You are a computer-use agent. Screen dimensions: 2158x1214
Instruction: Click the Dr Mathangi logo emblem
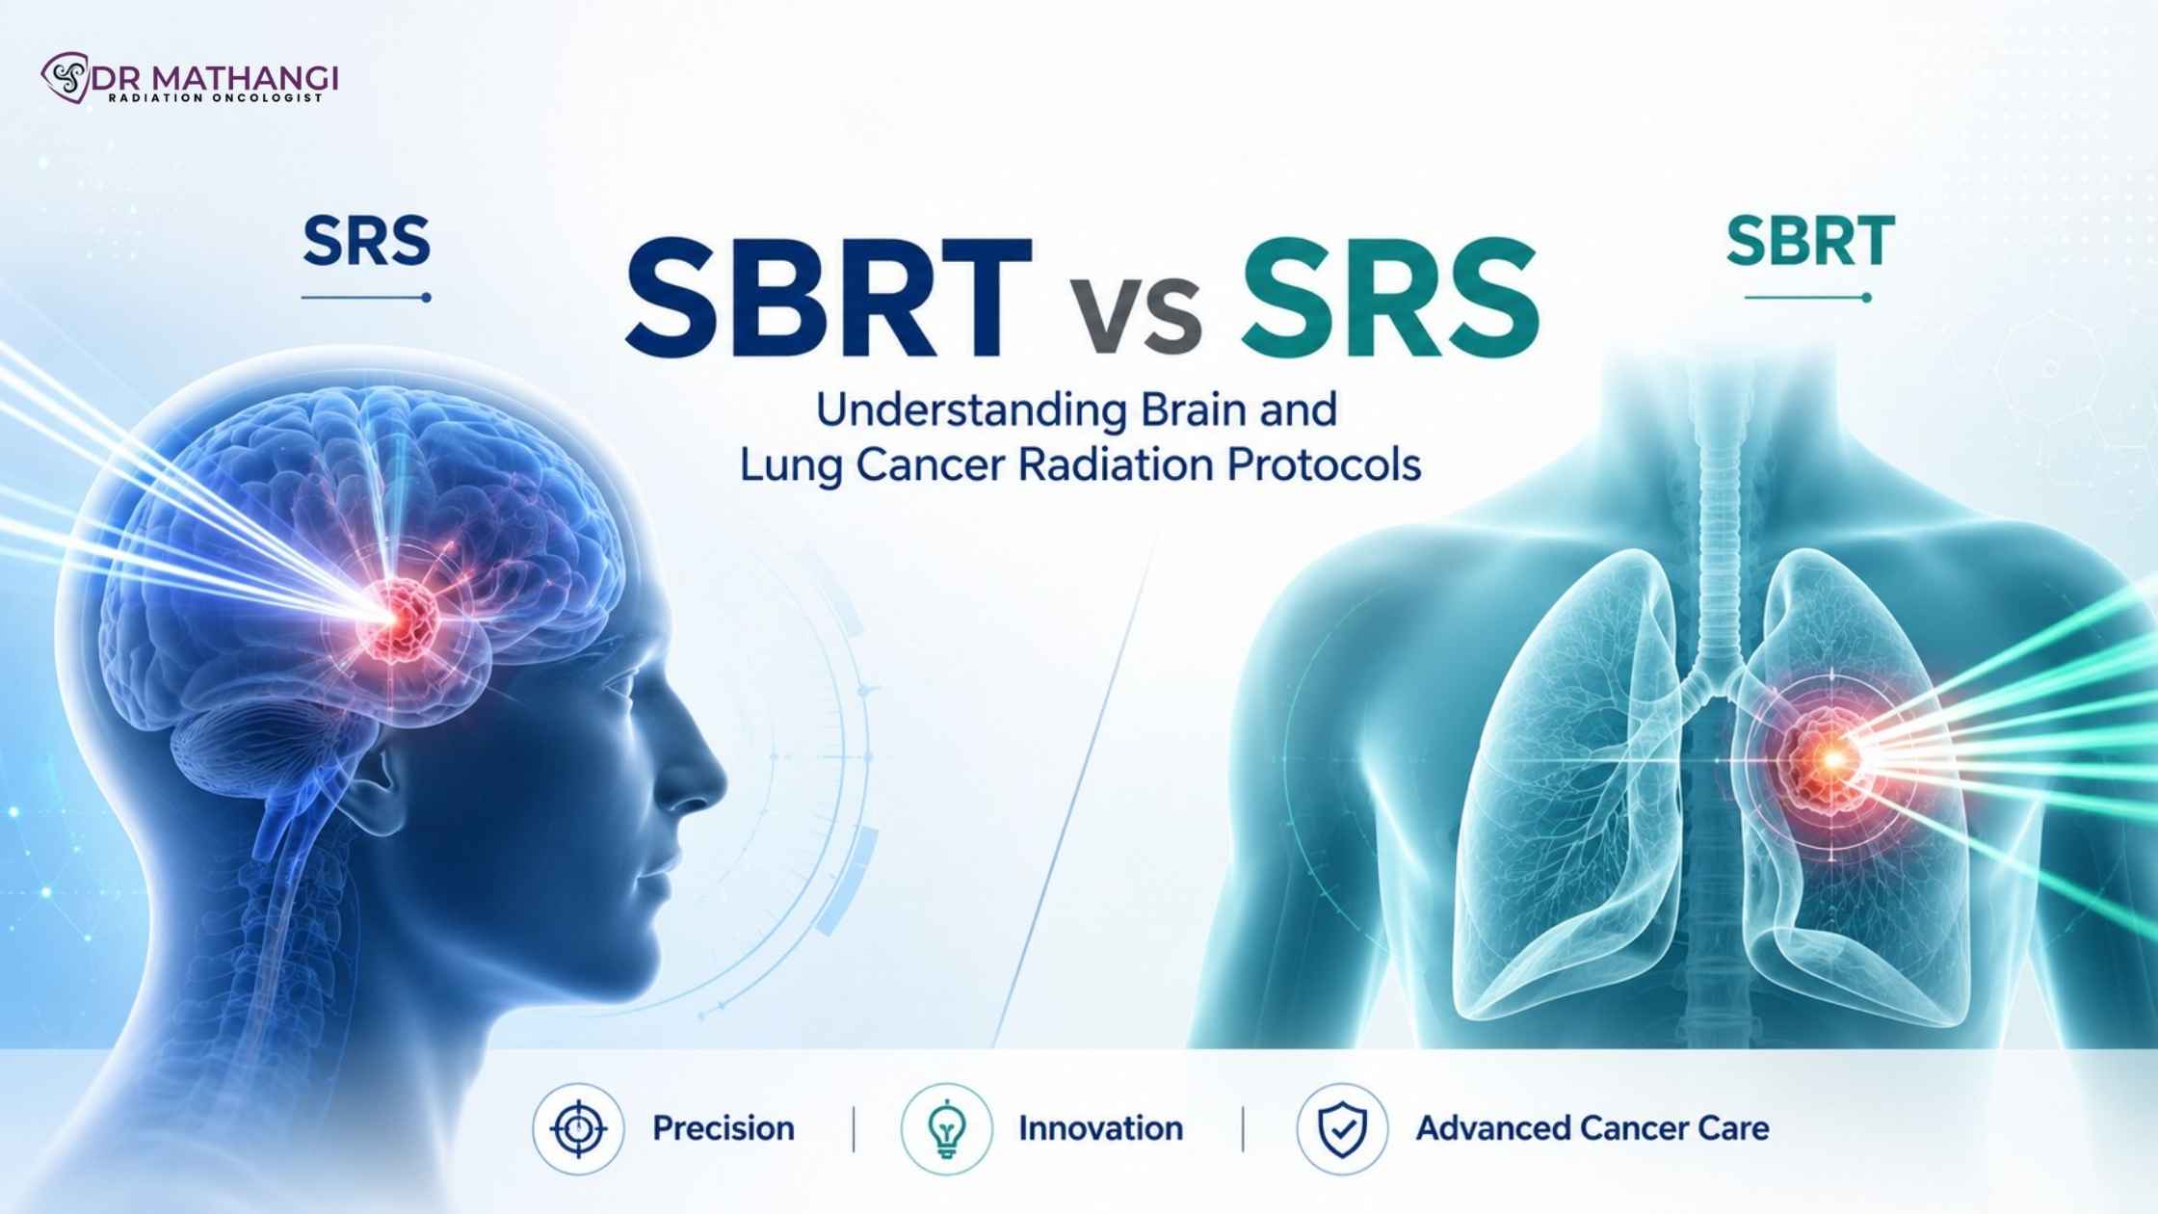(65, 77)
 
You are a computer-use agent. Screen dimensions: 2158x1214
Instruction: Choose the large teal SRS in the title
(1389, 299)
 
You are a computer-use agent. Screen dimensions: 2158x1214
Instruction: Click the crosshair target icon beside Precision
(578, 1128)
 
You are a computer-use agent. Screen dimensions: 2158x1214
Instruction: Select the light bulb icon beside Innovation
(946, 1128)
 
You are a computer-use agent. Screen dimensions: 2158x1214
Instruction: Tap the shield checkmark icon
(1342, 1128)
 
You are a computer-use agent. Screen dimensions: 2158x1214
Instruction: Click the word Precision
(724, 1128)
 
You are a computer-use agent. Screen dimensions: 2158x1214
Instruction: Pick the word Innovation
(1100, 1128)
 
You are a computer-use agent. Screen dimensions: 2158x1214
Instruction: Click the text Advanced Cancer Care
(1592, 1128)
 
